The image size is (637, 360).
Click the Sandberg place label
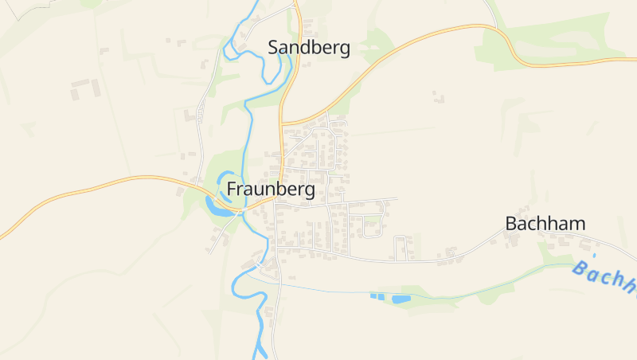pos(309,48)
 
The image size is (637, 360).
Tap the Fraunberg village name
pos(271,190)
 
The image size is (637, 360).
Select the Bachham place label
pos(545,224)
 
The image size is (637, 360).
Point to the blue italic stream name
pos(605,278)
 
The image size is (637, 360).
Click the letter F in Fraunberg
pos(232,190)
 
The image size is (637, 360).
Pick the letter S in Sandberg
pos(274,48)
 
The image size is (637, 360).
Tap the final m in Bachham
pos(578,224)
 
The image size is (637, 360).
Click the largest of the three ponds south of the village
pos(401,299)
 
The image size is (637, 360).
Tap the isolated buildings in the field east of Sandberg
pos(438,97)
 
